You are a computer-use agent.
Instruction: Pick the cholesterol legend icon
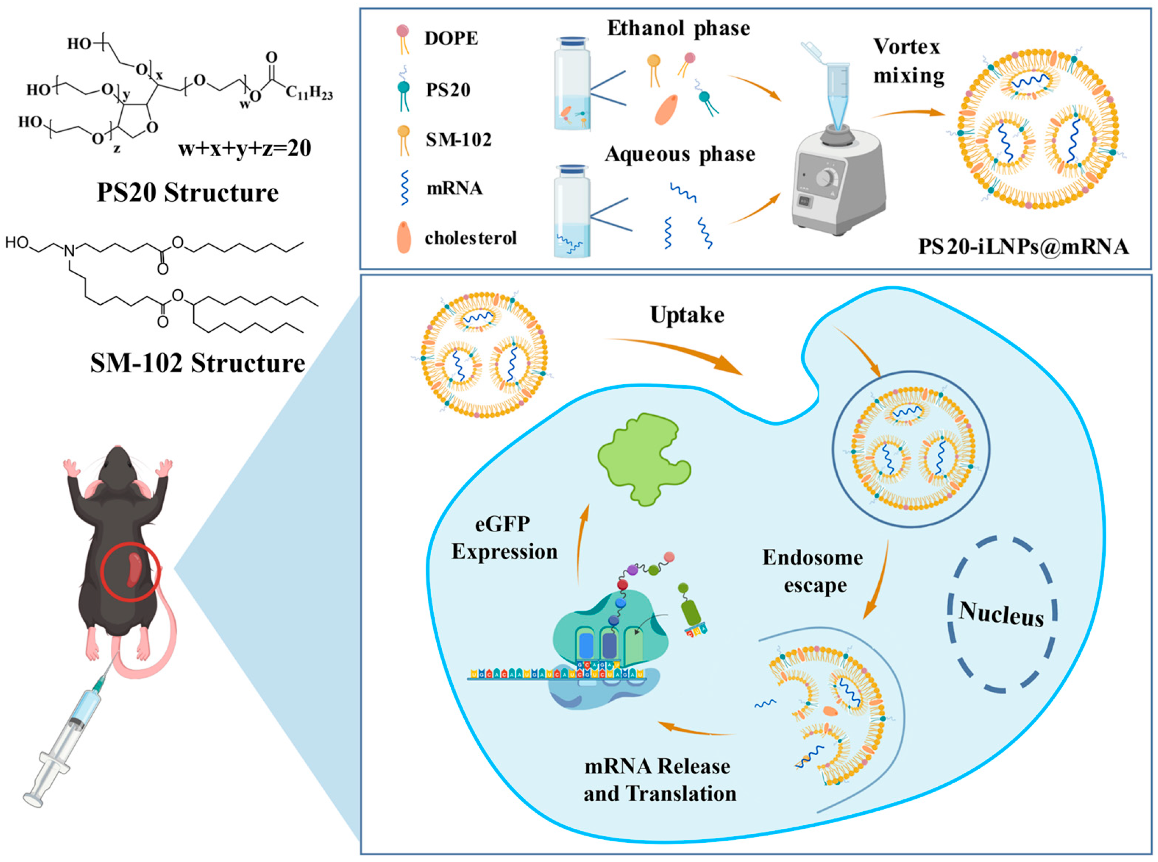(404, 238)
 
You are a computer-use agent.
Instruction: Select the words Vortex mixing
(909, 61)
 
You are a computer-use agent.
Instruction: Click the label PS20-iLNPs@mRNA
(1023, 246)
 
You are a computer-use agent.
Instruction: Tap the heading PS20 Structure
(188, 193)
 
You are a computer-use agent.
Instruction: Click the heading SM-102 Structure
(197, 363)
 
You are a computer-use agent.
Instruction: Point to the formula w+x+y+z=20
(245, 149)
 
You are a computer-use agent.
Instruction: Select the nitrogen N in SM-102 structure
(69, 251)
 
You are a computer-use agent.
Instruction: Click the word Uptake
(687, 315)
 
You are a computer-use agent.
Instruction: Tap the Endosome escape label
(812, 571)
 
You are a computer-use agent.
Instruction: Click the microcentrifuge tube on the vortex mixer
(838, 94)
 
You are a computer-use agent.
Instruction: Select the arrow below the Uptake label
(673, 355)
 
